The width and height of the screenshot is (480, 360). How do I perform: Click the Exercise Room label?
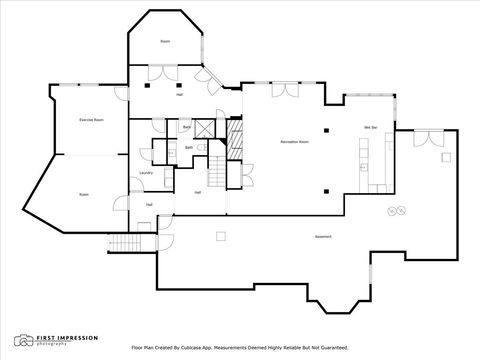(92, 119)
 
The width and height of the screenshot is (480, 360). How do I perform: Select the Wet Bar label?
(370, 127)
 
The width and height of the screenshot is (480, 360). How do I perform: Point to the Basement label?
(324, 236)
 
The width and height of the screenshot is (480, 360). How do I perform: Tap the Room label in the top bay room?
(165, 41)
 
